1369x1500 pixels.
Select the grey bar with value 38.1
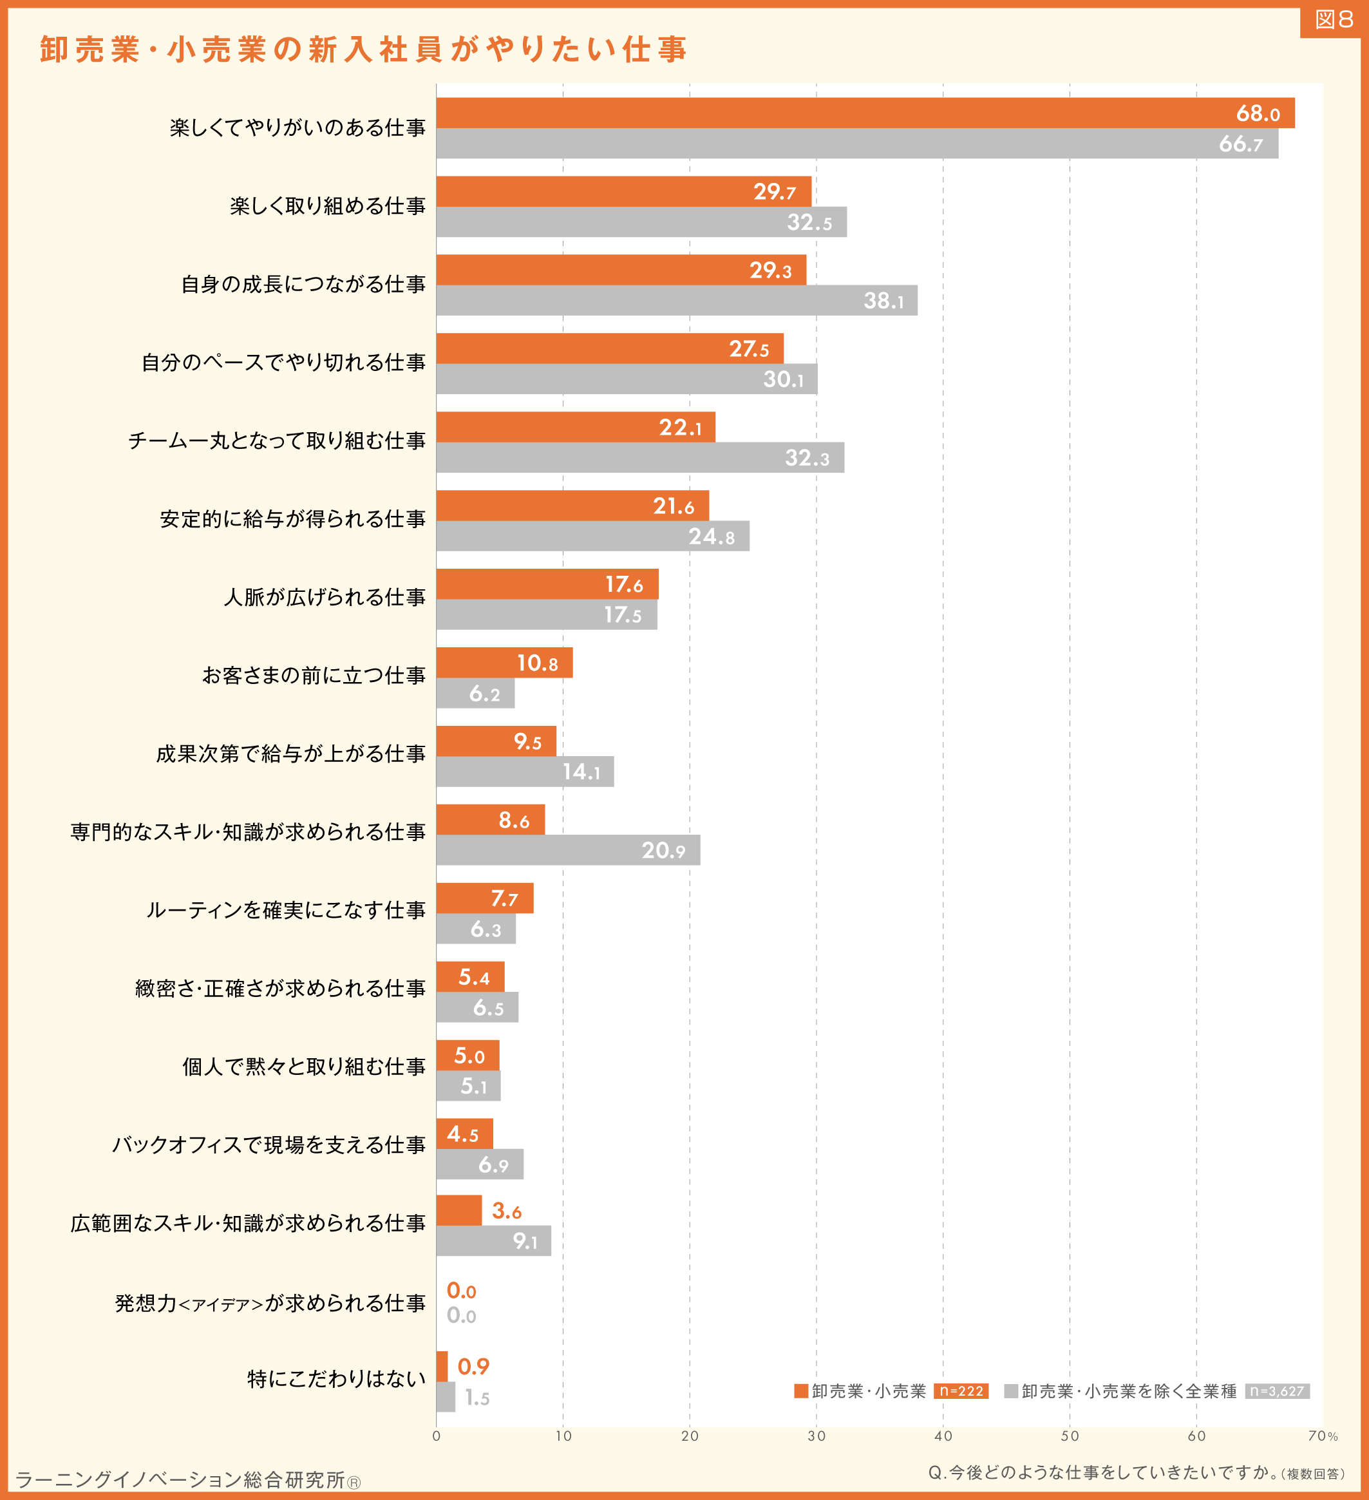pyautogui.click(x=677, y=301)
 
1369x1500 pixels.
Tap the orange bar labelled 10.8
pyautogui.click(x=504, y=663)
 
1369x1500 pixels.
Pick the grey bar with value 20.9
pyautogui.click(x=569, y=850)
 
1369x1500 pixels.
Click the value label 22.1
pyautogui.click(x=680, y=428)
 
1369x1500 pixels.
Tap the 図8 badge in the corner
pyautogui.click(x=1334, y=19)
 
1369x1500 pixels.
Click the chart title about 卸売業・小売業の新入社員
pyautogui.click(x=363, y=50)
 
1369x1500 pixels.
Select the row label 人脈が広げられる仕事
pyautogui.click(x=325, y=598)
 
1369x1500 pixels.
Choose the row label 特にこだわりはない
pyautogui.click(x=336, y=1379)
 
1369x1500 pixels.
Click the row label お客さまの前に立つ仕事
pyautogui.click(x=314, y=676)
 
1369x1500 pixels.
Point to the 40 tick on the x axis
pyautogui.click(x=943, y=1436)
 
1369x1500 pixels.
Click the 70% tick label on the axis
pyautogui.click(x=1323, y=1436)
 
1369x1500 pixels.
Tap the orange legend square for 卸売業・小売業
pyautogui.click(x=801, y=1391)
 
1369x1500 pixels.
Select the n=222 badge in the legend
pyautogui.click(x=961, y=1391)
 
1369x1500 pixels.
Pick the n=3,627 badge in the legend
pyautogui.click(x=1278, y=1391)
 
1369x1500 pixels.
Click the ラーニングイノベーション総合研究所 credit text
pyautogui.click(x=187, y=1480)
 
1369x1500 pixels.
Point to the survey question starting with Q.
pyautogui.click(x=1136, y=1472)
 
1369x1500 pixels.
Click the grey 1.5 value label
pyautogui.click(x=478, y=1398)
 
